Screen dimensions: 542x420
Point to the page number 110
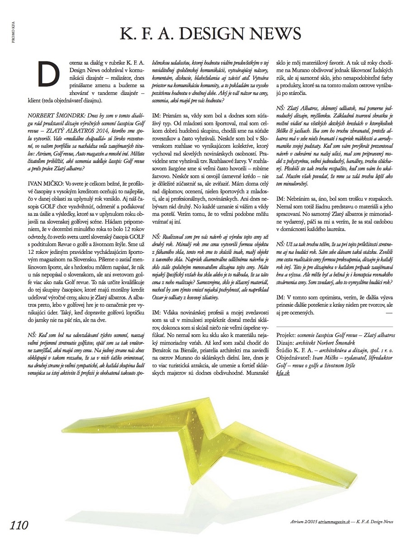click(x=19, y=525)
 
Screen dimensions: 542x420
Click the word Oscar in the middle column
click(x=161, y=298)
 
